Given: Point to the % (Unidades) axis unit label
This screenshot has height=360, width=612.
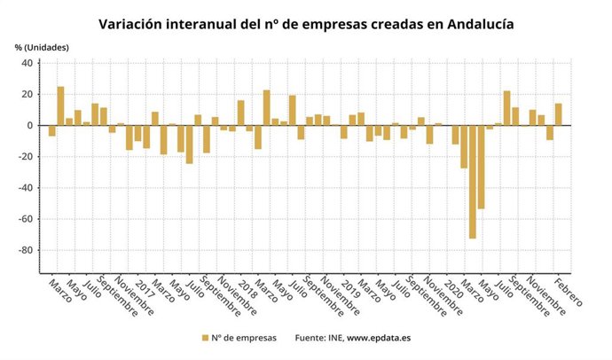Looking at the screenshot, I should pyautogui.click(x=41, y=46).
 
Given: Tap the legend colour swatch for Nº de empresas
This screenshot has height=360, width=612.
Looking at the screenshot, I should pyautogui.click(x=205, y=338).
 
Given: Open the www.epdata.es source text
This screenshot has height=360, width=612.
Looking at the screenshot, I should pyautogui.click(x=384, y=338).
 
